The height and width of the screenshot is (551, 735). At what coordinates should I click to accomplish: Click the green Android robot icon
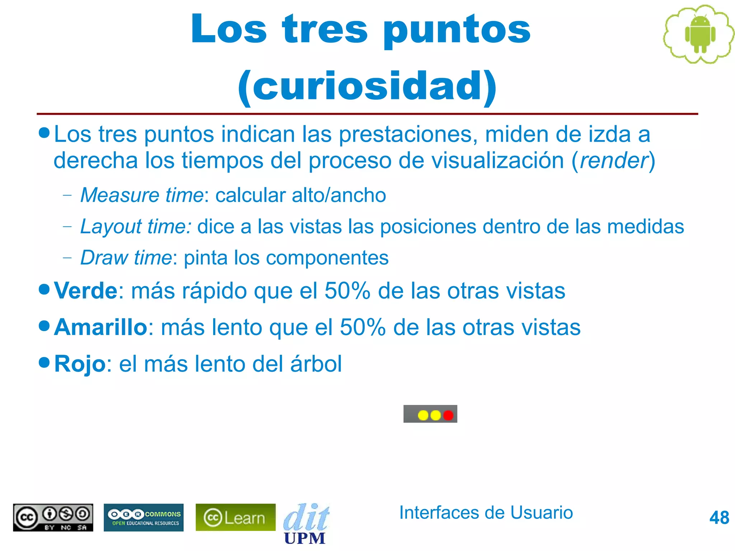pos(700,34)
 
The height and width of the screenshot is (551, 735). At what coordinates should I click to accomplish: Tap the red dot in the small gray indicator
pos(448,415)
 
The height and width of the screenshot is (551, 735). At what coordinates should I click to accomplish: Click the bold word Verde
pos(85,290)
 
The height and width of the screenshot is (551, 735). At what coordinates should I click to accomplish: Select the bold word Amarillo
pos(100,327)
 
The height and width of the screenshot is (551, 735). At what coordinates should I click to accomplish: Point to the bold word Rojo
pos(80,364)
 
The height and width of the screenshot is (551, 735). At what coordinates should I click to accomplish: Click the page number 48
pos(719,518)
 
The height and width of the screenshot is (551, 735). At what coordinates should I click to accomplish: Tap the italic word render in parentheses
pos(614,160)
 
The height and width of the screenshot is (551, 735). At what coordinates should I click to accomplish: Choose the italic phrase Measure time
pos(142,195)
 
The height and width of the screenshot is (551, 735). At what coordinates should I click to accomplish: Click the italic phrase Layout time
pos(136,227)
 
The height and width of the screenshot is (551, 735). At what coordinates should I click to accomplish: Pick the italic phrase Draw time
pos(126,258)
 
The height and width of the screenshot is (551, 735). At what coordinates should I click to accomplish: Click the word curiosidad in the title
pos(367,86)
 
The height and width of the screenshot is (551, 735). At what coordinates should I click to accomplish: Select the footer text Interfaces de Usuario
pos(486,512)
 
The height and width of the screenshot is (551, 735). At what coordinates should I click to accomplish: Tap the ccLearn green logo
pos(235,517)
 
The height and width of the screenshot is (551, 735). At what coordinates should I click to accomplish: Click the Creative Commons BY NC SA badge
pos(53,517)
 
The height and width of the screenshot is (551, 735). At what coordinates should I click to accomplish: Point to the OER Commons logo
pos(144,517)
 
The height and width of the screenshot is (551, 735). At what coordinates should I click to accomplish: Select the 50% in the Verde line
pos(347,290)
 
